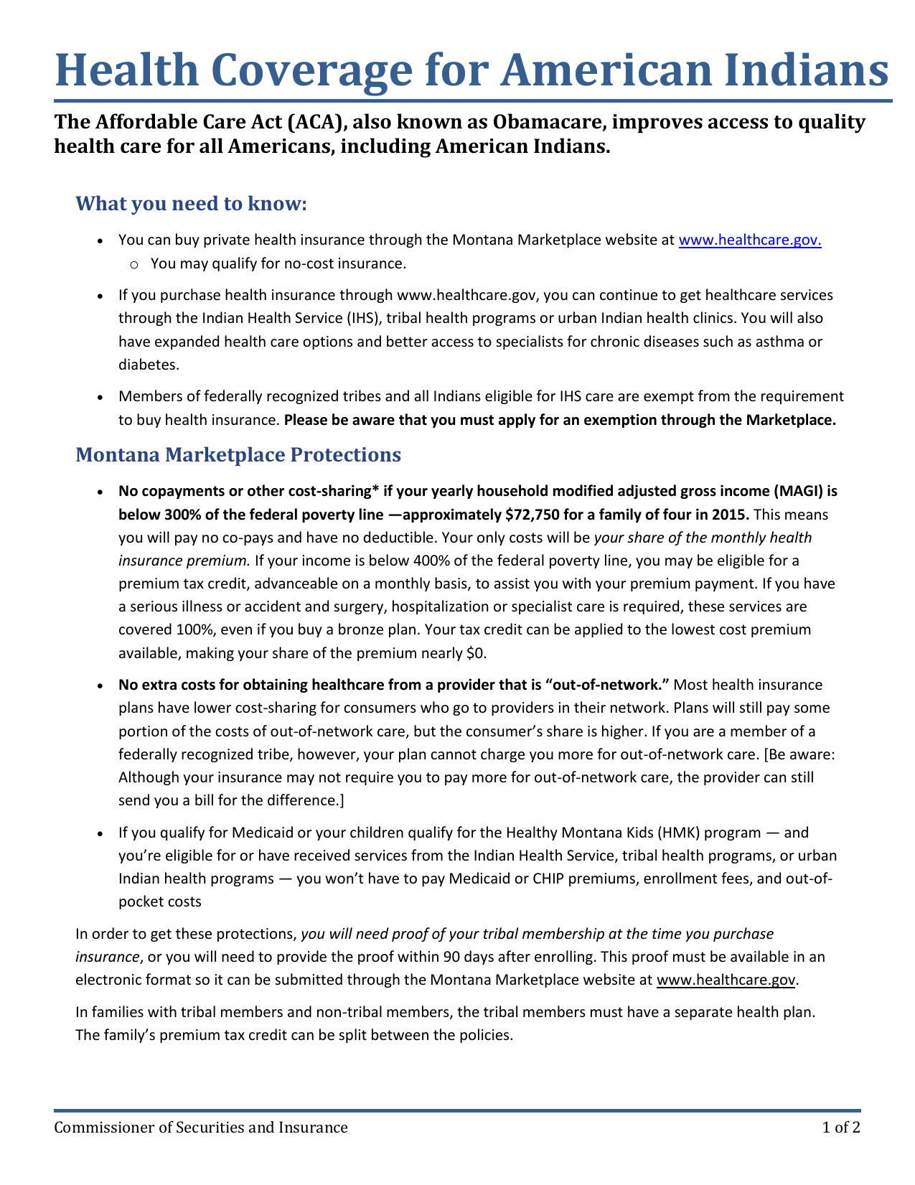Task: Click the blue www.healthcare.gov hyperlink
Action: click(749, 240)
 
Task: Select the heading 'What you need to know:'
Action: click(191, 204)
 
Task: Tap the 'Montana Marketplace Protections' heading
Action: click(238, 454)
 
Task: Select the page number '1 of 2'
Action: click(841, 1127)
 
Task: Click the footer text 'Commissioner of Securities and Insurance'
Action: click(202, 1127)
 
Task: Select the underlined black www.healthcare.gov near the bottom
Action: click(726, 980)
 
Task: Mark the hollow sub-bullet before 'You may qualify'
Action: click(135, 264)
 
